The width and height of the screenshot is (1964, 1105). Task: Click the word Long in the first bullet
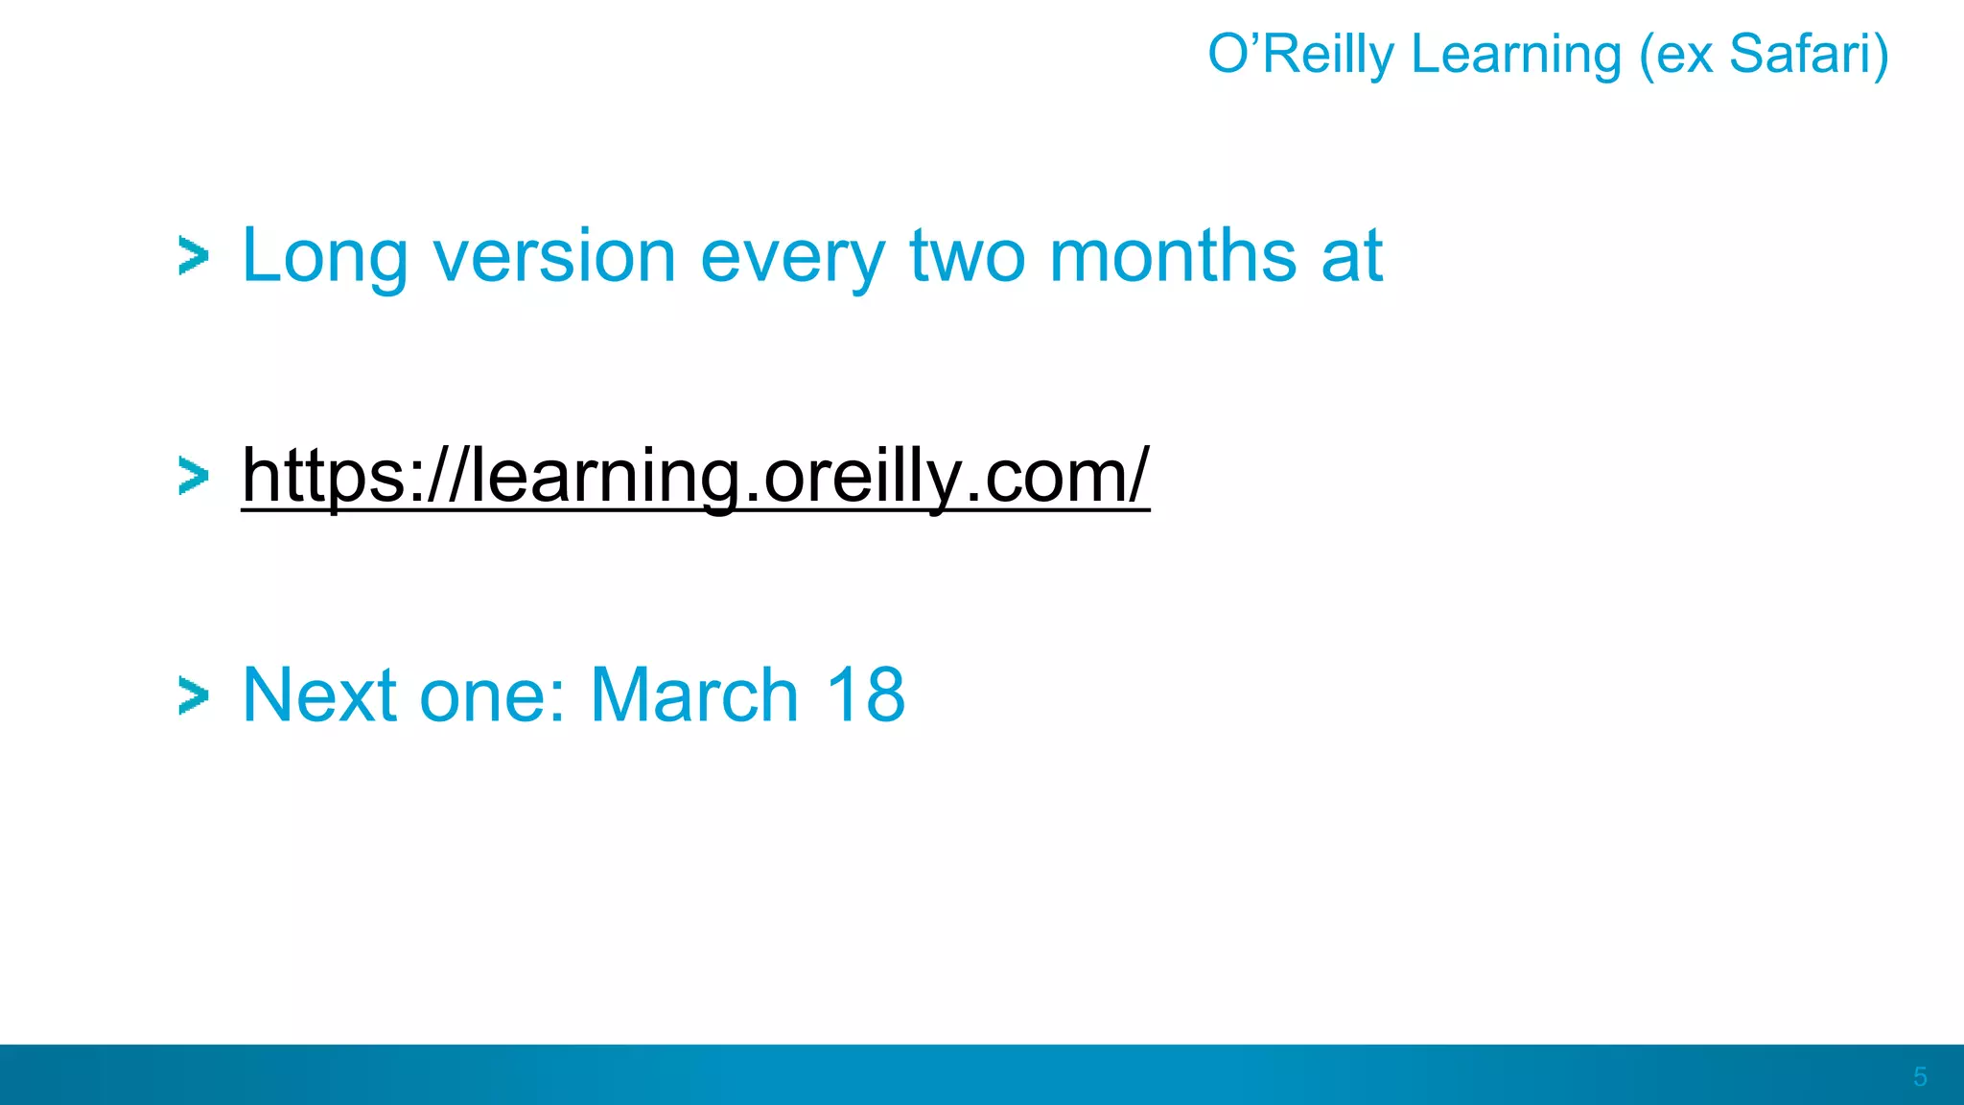coord(324,257)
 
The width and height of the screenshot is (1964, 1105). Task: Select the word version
coord(554,257)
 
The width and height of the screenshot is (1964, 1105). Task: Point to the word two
coord(968,257)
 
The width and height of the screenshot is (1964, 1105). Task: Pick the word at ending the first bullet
coord(1351,257)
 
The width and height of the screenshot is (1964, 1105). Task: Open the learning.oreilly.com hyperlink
coord(694,476)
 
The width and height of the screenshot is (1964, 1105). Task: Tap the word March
coord(694,695)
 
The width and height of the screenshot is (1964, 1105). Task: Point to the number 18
coord(865,695)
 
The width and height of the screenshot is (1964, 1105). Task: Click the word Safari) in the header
coord(1809,55)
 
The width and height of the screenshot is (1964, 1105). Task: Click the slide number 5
coord(1919,1076)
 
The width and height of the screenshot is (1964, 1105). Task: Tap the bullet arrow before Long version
coord(194,257)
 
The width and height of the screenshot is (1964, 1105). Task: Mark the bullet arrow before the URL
coord(194,476)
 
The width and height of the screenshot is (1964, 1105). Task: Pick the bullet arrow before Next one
coord(194,696)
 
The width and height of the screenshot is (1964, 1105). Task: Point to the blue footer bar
coord(959,1074)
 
